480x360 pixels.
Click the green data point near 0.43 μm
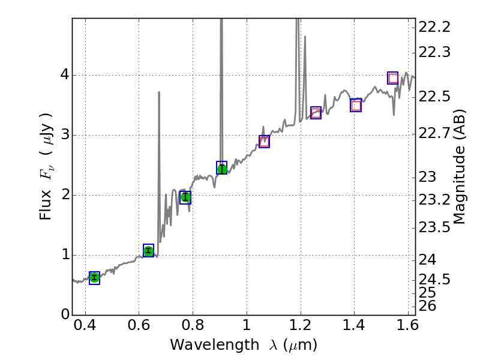click(x=94, y=277)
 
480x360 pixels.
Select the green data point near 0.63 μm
click(x=148, y=251)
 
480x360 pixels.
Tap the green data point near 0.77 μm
click(x=185, y=197)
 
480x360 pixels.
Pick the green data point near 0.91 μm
click(x=222, y=169)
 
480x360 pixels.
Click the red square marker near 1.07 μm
click(x=264, y=142)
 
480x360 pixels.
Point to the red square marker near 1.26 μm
click(x=316, y=113)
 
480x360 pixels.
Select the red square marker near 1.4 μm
click(x=356, y=106)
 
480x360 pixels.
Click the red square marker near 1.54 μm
click(x=393, y=78)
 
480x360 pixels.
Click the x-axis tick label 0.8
click(x=193, y=328)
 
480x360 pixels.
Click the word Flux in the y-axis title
click(x=46, y=207)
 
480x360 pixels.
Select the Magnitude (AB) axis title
click(x=460, y=167)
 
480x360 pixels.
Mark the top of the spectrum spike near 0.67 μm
click(x=158, y=92)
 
